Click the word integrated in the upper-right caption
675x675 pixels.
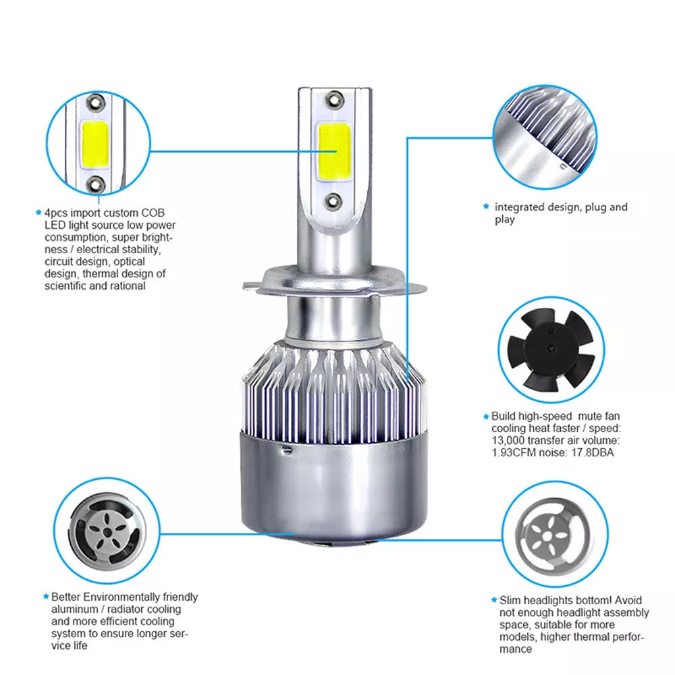tap(520, 207)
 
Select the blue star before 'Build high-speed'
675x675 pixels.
tap(485, 416)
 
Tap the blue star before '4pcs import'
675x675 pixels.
tap(38, 212)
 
